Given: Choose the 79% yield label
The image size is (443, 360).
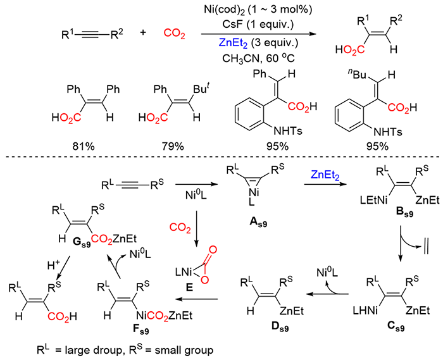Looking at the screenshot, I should [172, 146].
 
